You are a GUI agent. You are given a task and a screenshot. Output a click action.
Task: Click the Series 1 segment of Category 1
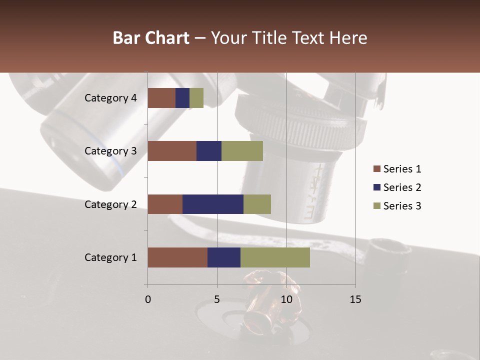(x=177, y=257)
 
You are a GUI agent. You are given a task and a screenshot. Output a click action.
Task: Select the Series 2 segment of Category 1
(x=224, y=257)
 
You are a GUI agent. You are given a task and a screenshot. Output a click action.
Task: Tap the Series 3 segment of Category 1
(x=275, y=257)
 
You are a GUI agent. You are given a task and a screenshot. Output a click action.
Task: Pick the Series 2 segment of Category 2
(x=213, y=204)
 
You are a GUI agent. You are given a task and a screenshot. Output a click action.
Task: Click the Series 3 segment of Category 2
(x=257, y=204)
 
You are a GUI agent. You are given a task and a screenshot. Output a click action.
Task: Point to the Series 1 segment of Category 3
(x=172, y=151)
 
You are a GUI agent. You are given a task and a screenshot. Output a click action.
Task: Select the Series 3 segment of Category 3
(x=242, y=151)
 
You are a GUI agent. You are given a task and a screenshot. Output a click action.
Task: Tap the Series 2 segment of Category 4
(x=182, y=98)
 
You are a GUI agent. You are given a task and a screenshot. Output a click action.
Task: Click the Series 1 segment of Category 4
(x=161, y=98)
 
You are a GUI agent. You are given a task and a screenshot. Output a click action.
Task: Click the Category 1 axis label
(x=110, y=257)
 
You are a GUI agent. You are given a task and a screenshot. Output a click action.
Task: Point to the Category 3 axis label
(x=110, y=151)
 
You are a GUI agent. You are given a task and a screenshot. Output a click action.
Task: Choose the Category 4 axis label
(x=110, y=98)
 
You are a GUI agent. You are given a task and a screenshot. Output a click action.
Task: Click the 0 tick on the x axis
(x=148, y=299)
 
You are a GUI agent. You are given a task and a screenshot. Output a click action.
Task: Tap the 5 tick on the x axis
(x=217, y=299)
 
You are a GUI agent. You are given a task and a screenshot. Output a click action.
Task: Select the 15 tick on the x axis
(x=355, y=299)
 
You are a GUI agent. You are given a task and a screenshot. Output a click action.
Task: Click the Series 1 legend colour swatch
(x=376, y=169)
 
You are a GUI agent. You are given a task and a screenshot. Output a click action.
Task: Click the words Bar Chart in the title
(x=151, y=38)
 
